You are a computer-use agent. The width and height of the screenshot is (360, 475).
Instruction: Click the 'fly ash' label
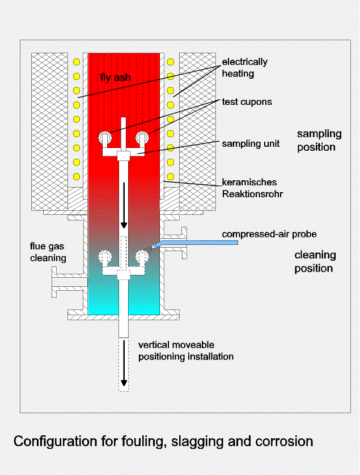115,78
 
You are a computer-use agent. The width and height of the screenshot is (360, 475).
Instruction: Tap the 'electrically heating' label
244,67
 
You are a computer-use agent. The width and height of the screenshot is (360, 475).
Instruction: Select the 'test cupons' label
247,102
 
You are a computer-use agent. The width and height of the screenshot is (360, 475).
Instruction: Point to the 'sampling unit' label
251,143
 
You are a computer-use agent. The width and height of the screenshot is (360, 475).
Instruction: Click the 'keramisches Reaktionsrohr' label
252,188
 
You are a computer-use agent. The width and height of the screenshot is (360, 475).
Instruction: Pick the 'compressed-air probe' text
269,234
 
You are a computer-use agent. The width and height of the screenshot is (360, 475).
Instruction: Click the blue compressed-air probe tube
196,243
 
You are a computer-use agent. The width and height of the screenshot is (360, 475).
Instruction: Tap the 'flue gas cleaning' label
48,252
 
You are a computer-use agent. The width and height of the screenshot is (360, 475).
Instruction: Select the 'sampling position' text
319,140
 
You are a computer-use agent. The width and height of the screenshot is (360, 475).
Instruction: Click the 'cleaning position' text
315,261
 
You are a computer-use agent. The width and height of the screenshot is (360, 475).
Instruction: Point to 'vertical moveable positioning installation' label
186,351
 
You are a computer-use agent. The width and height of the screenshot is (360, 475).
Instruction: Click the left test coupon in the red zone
105,138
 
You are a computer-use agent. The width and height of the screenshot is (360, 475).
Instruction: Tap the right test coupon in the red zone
142,138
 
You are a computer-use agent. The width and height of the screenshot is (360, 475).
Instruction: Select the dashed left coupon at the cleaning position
105,257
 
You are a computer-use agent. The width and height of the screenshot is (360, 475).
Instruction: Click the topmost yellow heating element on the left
77,62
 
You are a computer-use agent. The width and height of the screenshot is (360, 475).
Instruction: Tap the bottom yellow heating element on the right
171,177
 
